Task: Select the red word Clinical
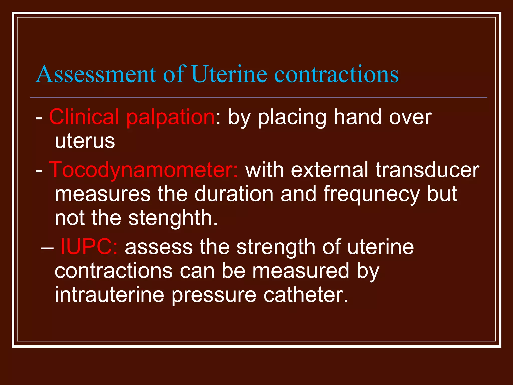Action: (84, 117)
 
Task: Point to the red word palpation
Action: (170, 117)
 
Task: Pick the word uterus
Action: (85, 141)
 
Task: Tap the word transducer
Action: (427, 170)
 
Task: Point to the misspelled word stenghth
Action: (173, 218)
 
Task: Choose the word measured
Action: (301, 271)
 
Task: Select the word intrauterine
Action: (109, 295)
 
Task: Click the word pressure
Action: (214, 295)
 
